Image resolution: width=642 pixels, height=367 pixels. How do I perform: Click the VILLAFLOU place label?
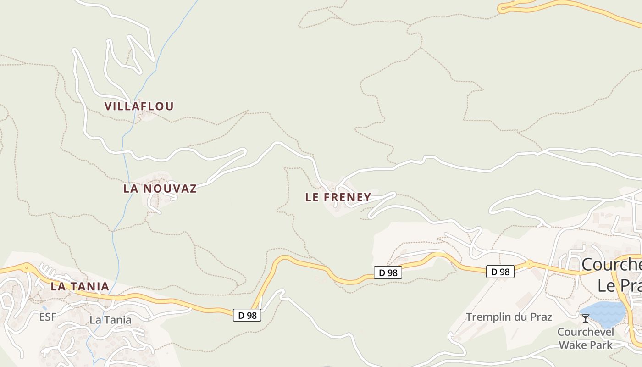(139, 106)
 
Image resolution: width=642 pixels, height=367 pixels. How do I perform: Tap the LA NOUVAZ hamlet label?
(160, 189)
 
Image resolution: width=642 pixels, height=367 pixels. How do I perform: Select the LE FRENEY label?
(338, 197)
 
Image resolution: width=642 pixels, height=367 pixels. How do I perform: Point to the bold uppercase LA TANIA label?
(80, 287)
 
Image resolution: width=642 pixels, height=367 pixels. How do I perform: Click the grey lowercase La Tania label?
(111, 320)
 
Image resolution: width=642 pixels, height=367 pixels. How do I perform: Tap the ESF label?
(48, 317)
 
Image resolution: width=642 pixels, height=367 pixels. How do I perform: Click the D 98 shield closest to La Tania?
(247, 315)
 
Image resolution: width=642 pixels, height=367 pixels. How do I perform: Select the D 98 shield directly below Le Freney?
(388, 272)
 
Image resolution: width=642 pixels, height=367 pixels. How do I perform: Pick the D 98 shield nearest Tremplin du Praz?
(500, 272)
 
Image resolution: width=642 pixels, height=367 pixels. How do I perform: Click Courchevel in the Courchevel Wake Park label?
(586, 332)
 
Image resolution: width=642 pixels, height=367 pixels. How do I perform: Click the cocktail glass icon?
(585, 318)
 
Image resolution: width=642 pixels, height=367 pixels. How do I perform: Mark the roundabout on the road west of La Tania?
(27, 267)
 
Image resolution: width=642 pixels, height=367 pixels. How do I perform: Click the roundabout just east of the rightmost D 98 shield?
(529, 264)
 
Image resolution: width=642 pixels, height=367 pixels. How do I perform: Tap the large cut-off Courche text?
(611, 265)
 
